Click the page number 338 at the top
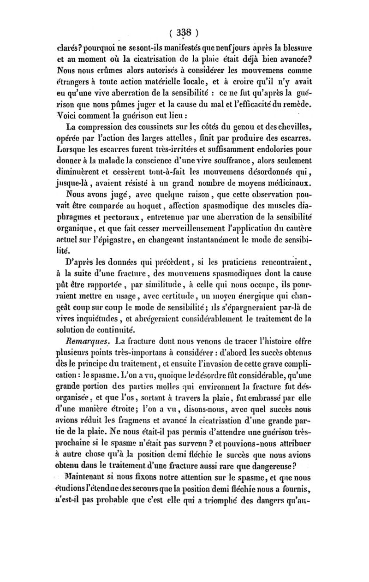(x=184, y=33)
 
